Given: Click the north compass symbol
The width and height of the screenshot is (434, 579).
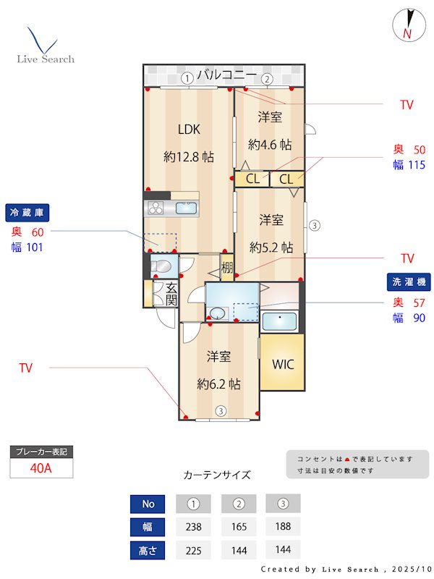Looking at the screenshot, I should click(x=407, y=25).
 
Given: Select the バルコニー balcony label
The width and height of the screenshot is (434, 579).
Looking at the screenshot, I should click(x=226, y=75).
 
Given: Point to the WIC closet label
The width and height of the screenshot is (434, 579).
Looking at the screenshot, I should click(x=283, y=364).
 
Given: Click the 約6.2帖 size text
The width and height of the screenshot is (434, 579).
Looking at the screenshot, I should click(x=219, y=384).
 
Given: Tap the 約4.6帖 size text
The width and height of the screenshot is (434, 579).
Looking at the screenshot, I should click(x=270, y=144).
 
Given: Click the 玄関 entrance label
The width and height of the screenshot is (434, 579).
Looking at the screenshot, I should click(x=171, y=294).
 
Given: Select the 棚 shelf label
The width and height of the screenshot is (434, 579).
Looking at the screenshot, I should click(x=227, y=268).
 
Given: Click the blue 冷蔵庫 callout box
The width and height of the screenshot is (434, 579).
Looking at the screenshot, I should click(x=28, y=213).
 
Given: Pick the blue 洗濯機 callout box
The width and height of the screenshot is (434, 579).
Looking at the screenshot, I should click(x=407, y=282).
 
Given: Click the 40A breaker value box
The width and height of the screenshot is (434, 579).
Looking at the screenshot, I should click(x=41, y=468).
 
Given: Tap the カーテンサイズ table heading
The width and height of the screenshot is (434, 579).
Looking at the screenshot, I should click(x=217, y=475).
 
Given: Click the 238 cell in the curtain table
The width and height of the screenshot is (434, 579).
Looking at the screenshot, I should click(x=193, y=527).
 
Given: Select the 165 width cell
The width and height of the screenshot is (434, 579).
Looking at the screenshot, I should click(x=238, y=527).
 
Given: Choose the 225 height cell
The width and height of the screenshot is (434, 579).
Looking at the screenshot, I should click(x=193, y=550).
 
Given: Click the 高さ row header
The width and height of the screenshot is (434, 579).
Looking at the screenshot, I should click(x=148, y=550).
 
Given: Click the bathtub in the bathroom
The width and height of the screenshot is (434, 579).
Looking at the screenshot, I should click(x=278, y=321).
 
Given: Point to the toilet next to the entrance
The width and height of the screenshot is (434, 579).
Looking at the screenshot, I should click(x=163, y=266).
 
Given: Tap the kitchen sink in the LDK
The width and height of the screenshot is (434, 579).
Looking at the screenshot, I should click(x=187, y=208).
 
